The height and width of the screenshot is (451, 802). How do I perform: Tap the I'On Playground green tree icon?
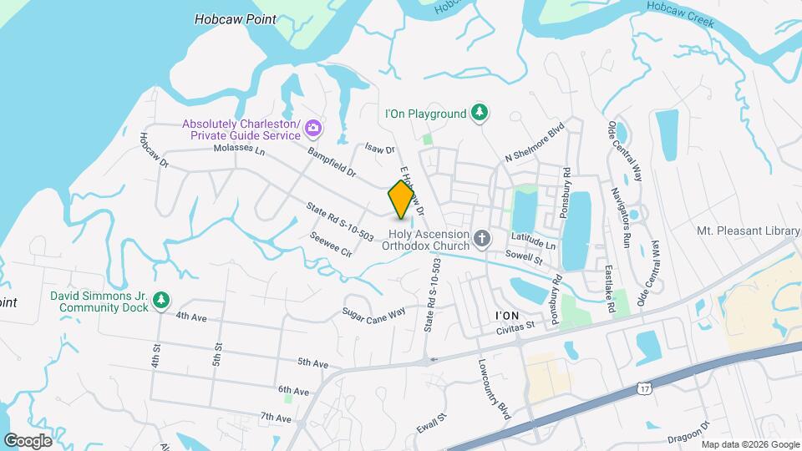click(480, 113)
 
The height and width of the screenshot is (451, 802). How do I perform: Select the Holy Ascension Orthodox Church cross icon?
click(481, 240)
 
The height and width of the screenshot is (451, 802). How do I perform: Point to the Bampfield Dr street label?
click(332, 163)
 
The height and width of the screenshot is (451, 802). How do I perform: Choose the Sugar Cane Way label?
click(373, 312)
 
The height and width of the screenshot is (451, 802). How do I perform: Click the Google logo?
click(28, 440)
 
